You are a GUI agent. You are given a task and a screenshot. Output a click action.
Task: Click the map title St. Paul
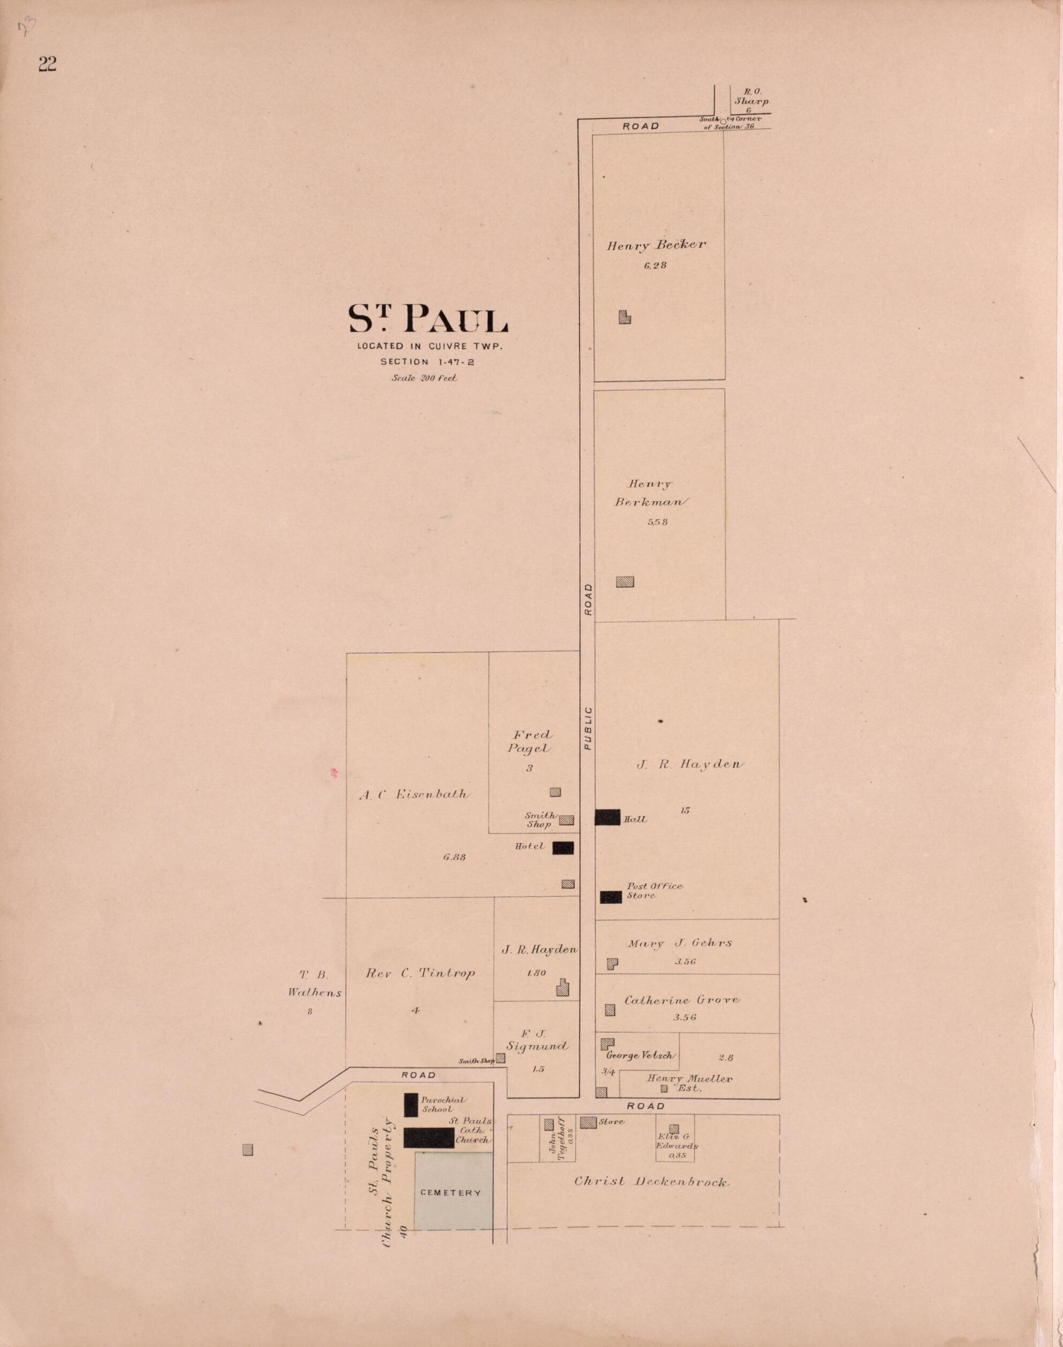[428, 319]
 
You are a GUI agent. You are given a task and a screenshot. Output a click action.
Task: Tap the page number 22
[47, 64]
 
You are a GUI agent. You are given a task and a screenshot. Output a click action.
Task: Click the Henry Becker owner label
[656, 245]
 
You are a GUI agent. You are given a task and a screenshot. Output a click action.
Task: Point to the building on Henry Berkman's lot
[625, 581]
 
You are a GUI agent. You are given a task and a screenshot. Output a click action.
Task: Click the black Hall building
[608, 818]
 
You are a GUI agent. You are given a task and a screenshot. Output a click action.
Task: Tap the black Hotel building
[563, 848]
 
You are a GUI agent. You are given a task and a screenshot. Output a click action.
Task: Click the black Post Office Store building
[611, 897]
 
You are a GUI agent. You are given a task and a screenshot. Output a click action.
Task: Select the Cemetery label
[451, 1193]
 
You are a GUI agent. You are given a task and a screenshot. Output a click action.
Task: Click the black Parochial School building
[411, 1105]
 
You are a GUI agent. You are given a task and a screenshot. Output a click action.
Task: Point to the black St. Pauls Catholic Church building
[429, 1137]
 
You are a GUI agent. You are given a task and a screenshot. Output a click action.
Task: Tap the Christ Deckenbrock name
[650, 1182]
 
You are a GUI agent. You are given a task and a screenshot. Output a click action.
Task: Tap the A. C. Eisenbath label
[414, 794]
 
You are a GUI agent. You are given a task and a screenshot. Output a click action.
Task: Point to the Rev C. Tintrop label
[420, 973]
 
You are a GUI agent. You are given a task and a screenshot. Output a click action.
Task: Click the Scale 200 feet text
[424, 377]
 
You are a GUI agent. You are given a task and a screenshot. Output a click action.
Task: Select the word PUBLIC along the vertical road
[588, 728]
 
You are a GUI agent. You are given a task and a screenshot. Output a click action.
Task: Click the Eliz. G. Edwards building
[673, 1129]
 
